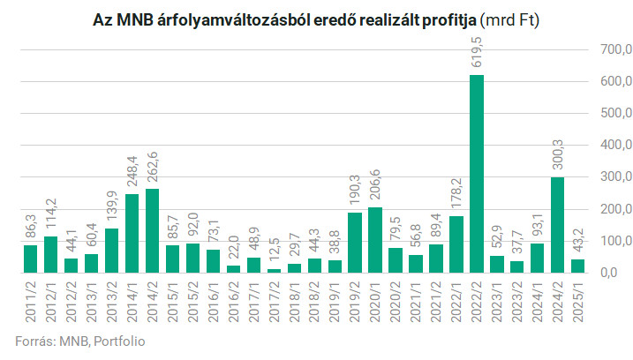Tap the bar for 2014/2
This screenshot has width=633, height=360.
(x=152, y=230)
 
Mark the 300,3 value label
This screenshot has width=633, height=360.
(x=557, y=154)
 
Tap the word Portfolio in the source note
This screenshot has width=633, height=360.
(x=118, y=341)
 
